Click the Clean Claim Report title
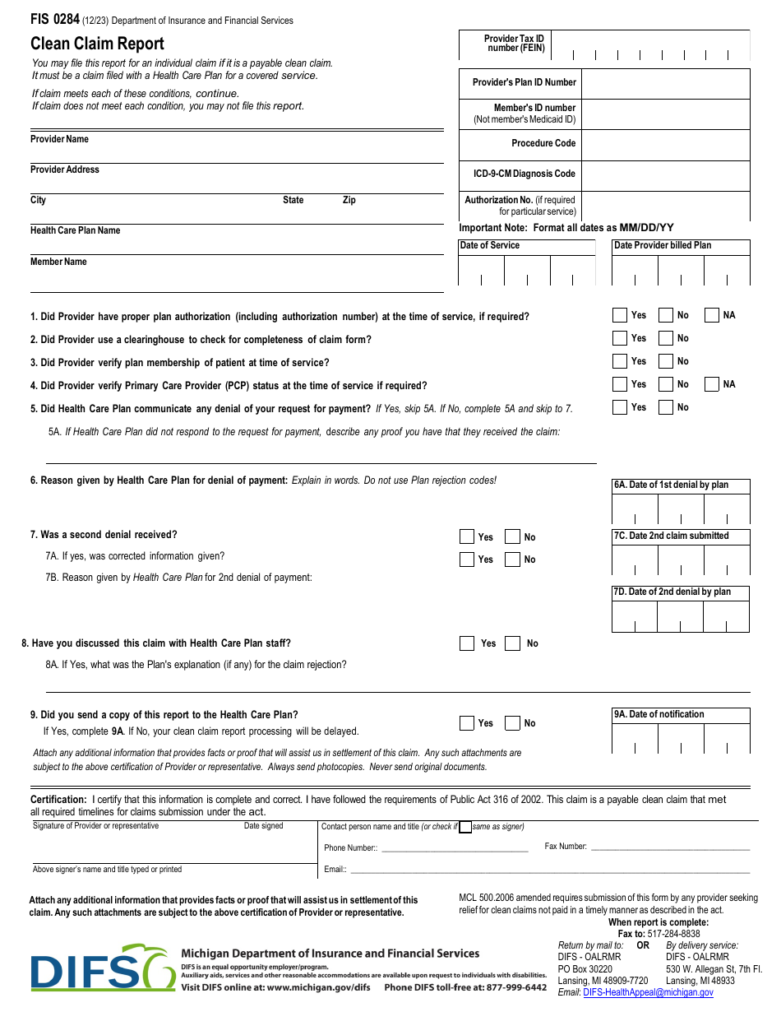pos(97,44)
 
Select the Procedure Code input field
pos(665,145)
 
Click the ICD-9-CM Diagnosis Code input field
pos(665,175)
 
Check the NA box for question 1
pos(711,315)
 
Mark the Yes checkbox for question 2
pos(620,338)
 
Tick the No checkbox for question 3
pos(666,361)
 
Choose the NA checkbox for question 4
pos(711,384)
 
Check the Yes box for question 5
pos(620,407)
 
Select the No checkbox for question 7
pos(512,537)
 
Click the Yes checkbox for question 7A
pos(466,559)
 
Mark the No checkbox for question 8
pos(512,643)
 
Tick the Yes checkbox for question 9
pos(466,723)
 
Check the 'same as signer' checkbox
pos(465,827)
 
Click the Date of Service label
pos(490,245)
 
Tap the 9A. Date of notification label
pos(659,714)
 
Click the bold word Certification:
pos(58,799)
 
